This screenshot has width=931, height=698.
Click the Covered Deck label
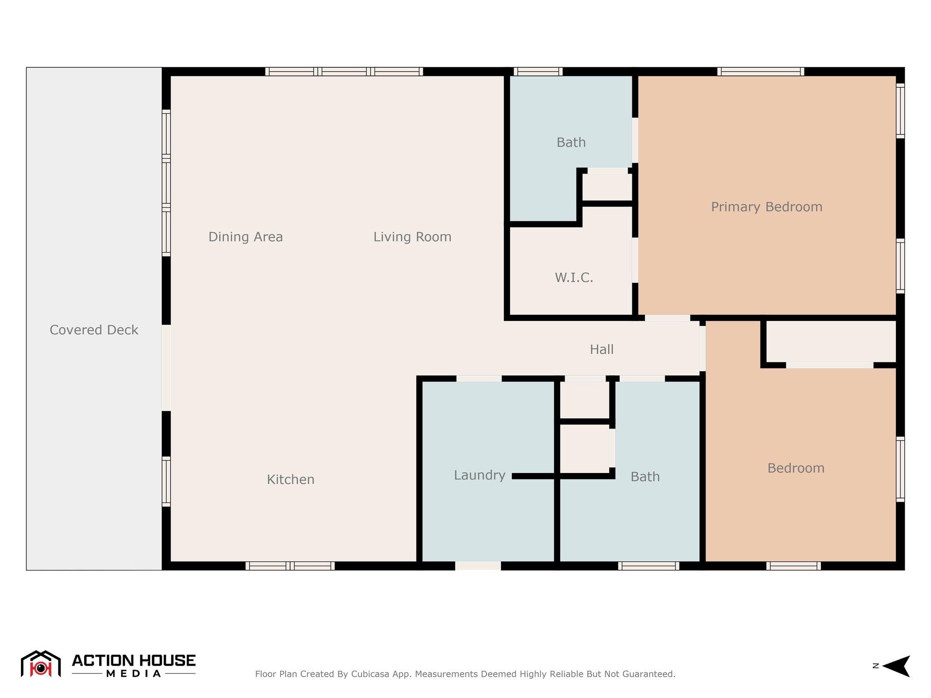94,330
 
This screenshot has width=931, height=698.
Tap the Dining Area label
245,237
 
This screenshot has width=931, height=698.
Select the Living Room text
412,237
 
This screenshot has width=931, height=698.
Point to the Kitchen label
290,479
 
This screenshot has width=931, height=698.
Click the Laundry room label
480,475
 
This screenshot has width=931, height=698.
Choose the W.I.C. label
574,278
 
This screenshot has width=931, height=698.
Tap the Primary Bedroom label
766,207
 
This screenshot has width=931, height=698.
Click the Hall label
601,349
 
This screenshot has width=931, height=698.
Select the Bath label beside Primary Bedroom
571,143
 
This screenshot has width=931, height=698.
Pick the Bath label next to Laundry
645,477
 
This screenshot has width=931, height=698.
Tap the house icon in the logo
41,664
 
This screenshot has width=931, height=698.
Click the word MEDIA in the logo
134,673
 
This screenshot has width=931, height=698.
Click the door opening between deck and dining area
166,368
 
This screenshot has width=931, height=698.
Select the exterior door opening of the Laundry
478,566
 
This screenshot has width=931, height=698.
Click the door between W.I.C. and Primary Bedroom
635,260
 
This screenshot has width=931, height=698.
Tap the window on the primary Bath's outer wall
538,71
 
